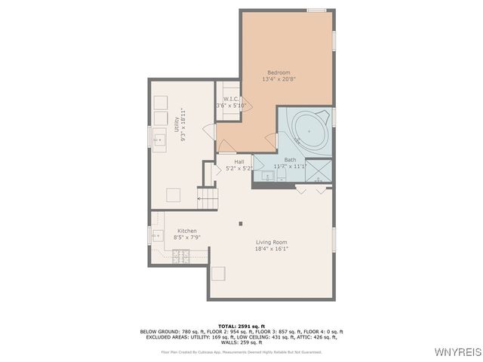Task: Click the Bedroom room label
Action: (278, 72)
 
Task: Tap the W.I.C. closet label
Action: (231, 99)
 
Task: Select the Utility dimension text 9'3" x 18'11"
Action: (183, 124)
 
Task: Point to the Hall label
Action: (238, 161)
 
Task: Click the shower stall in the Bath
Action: (320, 170)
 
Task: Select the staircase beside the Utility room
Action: (208, 198)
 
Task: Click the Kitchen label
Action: (186, 231)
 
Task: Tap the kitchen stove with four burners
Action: (180, 256)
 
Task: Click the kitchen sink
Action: (158, 235)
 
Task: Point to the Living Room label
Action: (270, 242)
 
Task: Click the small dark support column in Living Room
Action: (241, 222)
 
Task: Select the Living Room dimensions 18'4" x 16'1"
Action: (270, 249)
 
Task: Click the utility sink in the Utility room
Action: (159, 140)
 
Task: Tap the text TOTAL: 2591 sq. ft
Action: (241, 325)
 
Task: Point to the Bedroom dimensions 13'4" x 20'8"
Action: (278, 79)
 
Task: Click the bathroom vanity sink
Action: (268, 176)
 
